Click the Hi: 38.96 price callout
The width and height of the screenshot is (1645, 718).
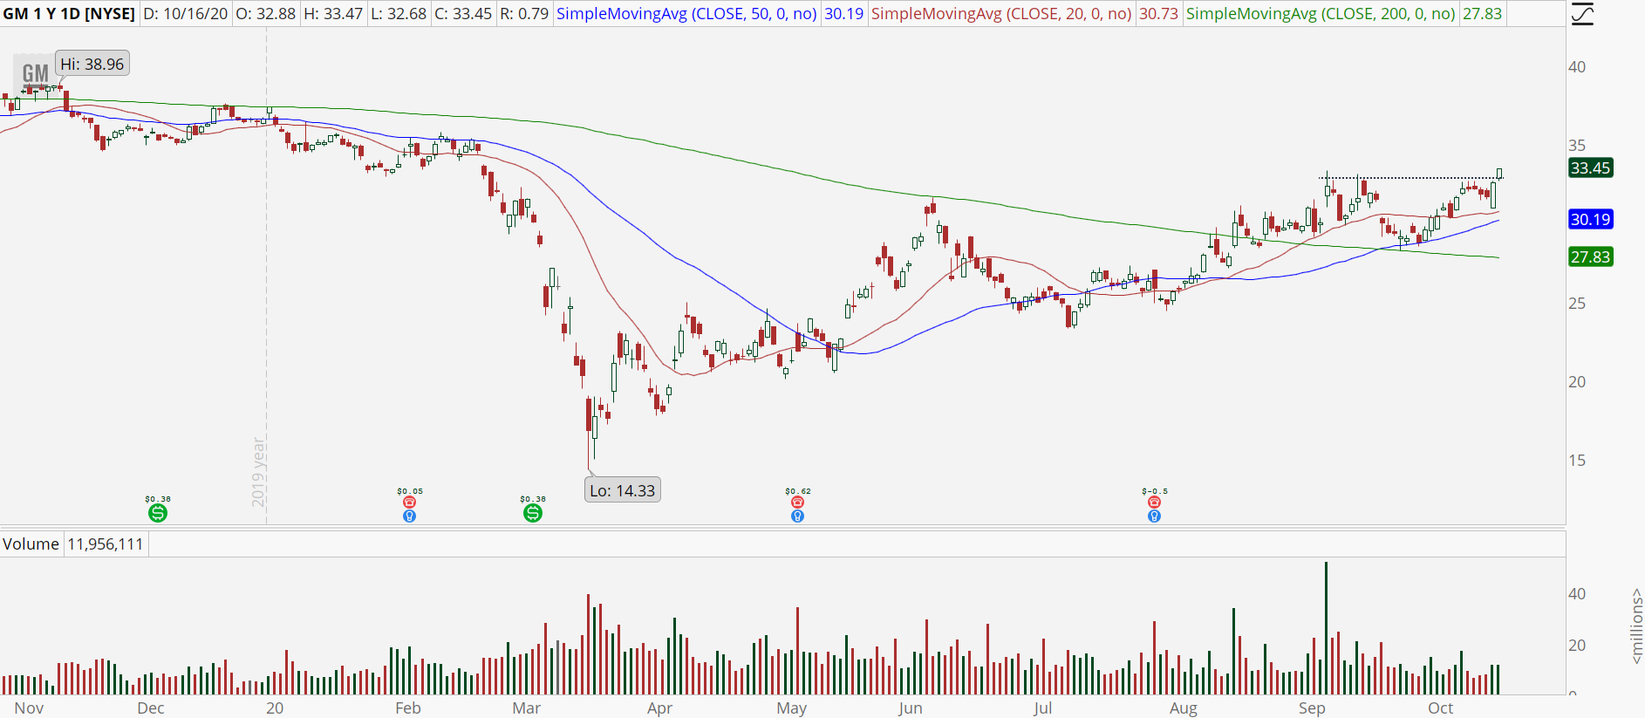(x=92, y=64)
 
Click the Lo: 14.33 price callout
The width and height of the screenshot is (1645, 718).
(x=622, y=490)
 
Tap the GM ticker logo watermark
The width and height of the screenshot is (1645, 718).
(x=35, y=74)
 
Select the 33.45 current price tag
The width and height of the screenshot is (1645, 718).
(x=1590, y=168)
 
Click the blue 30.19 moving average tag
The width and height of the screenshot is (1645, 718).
(x=1590, y=219)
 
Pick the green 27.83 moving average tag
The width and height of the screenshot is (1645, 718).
(x=1590, y=256)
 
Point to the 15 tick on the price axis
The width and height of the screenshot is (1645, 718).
(x=1577, y=460)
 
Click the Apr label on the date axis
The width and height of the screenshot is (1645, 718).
(x=659, y=708)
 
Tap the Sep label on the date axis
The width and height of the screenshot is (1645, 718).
(x=1311, y=708)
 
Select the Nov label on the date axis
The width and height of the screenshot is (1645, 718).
(x=29, y=708)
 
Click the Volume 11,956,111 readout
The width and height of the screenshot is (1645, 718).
(x=73, y=544)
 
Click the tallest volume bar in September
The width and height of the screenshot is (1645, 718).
(x=1326, y=628)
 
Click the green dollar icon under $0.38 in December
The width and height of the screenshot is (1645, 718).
(x=157, y=513)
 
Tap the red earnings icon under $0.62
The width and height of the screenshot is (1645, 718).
(x=797, y=503)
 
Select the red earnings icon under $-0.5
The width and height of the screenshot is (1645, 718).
(x=1154, y=503)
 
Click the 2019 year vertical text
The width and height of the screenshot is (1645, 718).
(x=258, y=471)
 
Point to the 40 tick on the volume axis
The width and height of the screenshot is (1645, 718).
(x=1577, y=593)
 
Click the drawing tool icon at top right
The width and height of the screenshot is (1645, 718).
(x=1582, y=14)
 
